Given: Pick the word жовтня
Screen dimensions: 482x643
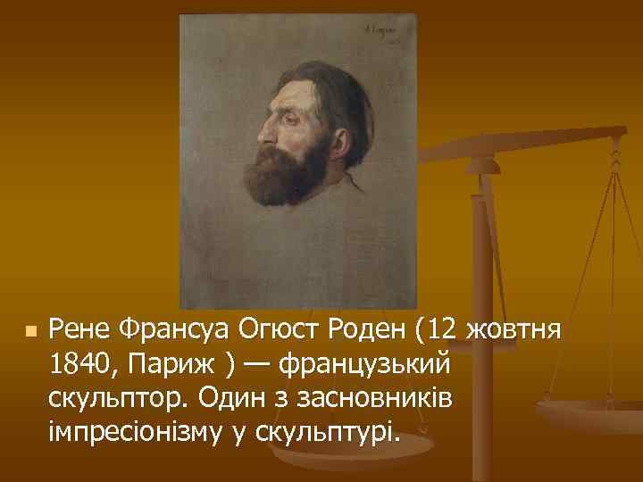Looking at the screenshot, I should coord(513,332).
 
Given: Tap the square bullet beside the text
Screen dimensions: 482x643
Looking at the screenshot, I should coord(29,331).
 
